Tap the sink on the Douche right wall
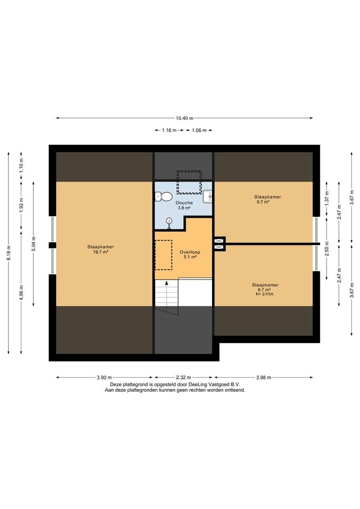[207, 197]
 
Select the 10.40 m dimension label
[185, 118]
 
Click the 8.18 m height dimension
[9, 252]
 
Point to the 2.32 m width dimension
[183, 377]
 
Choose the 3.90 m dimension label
[104, 377]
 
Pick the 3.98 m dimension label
[263, 377]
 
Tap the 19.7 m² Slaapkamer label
[101, 249]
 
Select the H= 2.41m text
[265, 294]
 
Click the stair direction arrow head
[167, 283]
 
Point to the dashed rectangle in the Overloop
[164, 255]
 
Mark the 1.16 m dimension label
[169, 131]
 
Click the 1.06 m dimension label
[199, 131]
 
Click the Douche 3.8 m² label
[184, 205]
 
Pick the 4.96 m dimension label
[21, 293]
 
